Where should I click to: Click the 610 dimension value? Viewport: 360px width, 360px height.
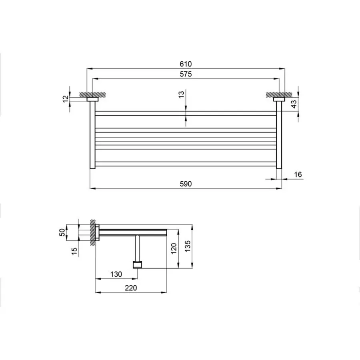[186, 64]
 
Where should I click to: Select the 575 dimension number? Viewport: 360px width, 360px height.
[186, 74]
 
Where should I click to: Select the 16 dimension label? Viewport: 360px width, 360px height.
[298, 174]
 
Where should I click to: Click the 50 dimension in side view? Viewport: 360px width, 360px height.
[62, 233]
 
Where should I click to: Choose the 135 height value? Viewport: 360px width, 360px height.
[188, 245]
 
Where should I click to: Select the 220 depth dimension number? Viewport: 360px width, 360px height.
[131, 288]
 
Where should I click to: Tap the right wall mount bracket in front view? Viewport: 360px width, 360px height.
[278, 99]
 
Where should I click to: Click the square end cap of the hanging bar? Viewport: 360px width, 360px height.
[138, 264]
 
